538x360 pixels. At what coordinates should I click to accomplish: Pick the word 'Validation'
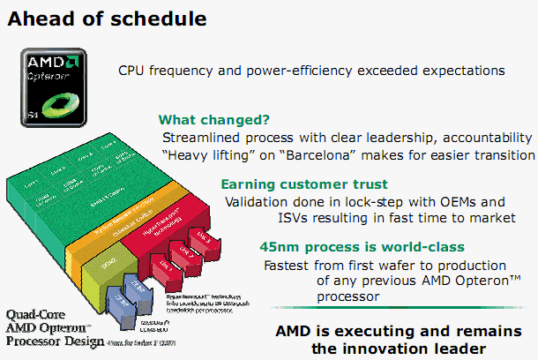pyautogui.click(x=254, y=201)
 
